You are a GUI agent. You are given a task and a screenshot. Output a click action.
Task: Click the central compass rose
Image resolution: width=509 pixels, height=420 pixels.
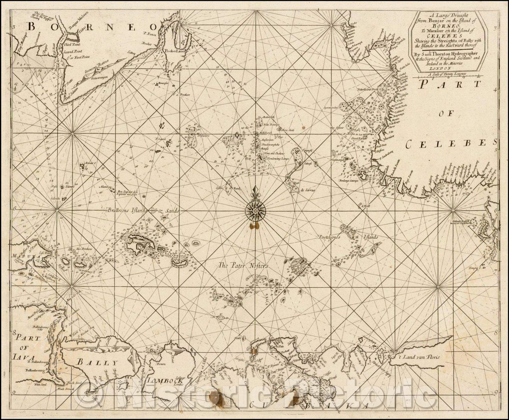click(256, 210)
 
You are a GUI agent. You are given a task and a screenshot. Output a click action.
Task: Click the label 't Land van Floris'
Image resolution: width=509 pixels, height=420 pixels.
click(421, 357)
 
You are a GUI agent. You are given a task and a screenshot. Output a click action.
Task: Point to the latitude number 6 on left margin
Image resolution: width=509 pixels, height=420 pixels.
click(15, 209)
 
